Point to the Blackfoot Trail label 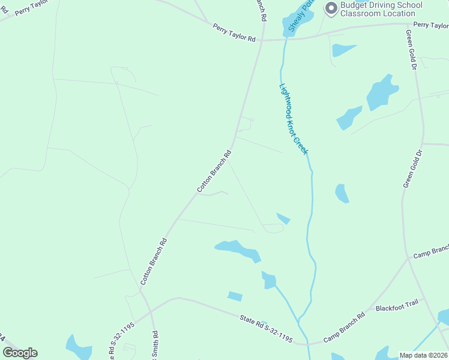[x=396, y=308]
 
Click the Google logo [x=20, y=353]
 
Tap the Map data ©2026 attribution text [x=423, y=355]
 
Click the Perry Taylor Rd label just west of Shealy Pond [x=234, y=32]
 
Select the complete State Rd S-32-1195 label [x=266, y=329]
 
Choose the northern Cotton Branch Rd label [x=214, y=172]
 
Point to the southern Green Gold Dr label [x=409, y=172]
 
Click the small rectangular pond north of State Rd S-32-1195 [x=235, y=296]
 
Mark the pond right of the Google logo [x=79, y=347]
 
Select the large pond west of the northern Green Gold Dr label [x=381, y=92]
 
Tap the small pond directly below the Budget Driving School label [x=343, y=50]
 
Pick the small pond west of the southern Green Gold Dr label [x=342, y=193]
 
